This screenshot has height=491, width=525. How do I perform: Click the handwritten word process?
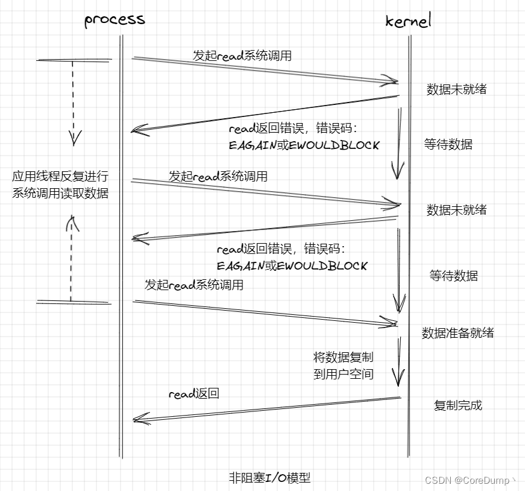115,20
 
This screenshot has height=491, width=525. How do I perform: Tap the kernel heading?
408,22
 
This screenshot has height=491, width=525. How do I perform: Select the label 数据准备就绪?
457,333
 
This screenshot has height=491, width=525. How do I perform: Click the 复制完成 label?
458,405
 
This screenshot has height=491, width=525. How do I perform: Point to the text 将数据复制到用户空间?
344,366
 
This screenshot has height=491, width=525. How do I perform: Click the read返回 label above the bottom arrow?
193,394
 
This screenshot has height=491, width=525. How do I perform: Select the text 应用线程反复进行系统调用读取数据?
60,185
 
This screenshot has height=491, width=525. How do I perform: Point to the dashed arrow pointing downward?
74,103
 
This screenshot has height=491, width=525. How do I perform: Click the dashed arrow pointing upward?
71,259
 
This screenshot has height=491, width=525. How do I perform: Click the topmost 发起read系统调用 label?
242,56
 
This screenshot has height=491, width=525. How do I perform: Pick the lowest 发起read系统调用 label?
194,285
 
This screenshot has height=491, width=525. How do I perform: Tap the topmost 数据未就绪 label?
456,90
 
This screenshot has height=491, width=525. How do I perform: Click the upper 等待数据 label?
448,145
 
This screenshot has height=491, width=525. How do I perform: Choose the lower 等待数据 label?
453,276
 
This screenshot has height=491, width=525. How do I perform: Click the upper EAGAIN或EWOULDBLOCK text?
304,145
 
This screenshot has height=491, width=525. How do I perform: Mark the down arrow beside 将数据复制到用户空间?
398,362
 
